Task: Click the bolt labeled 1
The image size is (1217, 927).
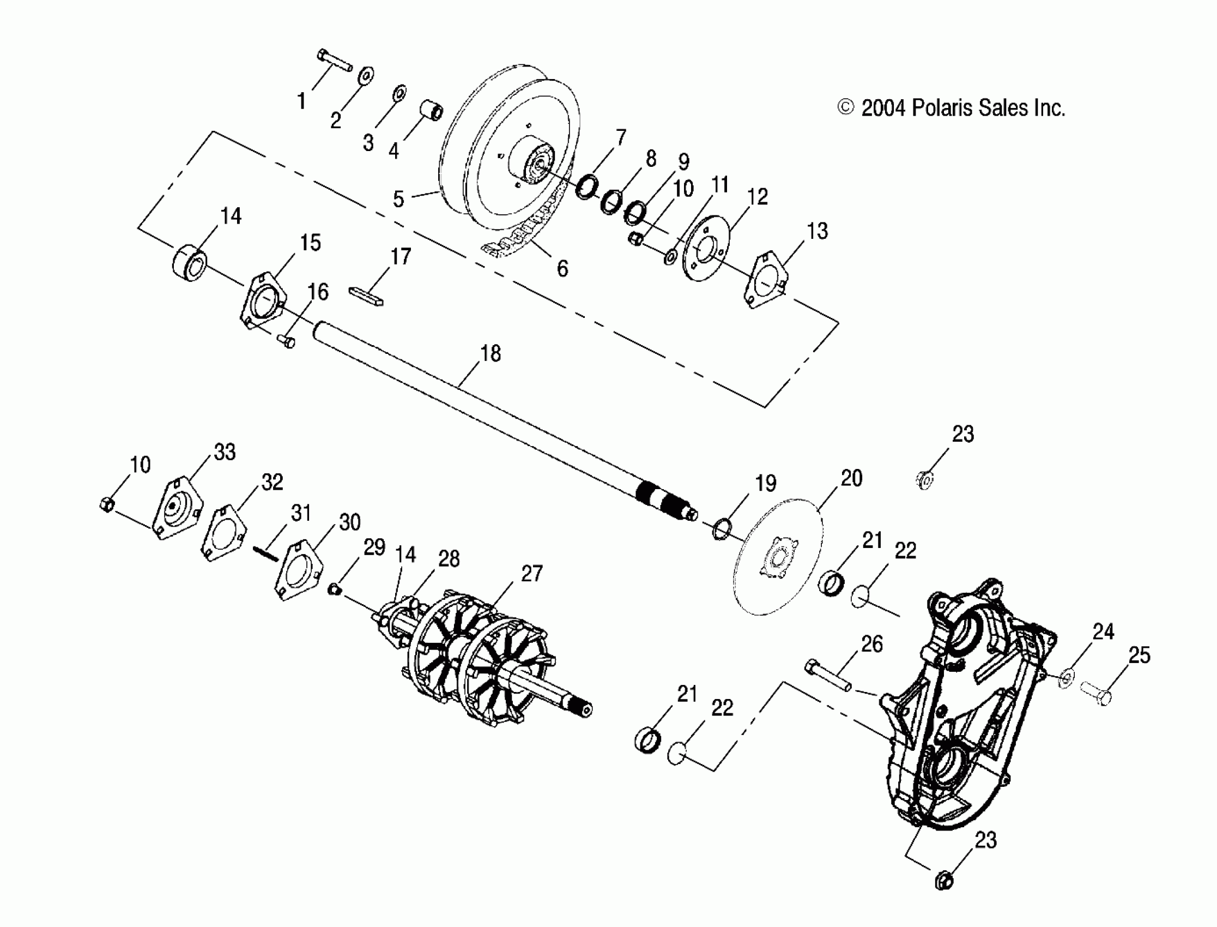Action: [334, 61]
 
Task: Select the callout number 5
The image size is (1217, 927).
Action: [399, 198]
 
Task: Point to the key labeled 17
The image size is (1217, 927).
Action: [366, 296]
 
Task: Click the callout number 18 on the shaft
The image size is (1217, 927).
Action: [490, 353]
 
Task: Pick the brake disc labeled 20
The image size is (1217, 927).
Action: [779, 557]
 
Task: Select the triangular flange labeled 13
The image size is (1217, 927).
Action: [766, 280]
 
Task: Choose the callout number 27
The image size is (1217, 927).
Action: [531, 574]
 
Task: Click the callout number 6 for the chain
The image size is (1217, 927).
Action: [562, 269]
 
